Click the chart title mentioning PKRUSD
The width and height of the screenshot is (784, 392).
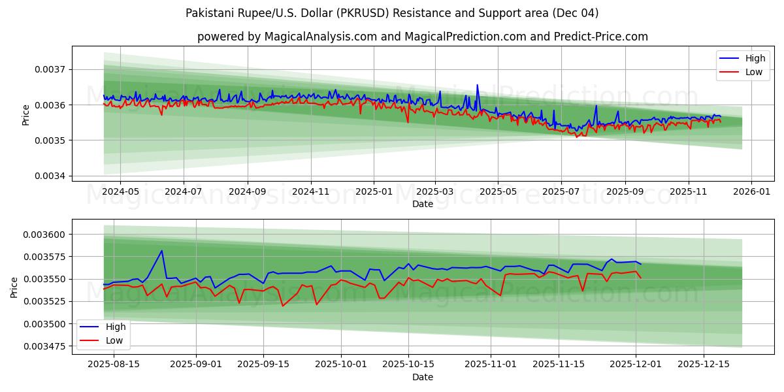pos(392,13)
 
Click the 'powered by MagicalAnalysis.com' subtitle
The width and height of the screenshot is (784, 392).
pos(423,37)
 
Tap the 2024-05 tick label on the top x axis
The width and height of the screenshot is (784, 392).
pos(120,192)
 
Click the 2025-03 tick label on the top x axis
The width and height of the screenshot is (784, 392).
pos(435,192)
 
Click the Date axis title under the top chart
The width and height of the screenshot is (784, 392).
pos(423,204)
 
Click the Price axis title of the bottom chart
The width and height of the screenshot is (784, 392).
pos(14,287)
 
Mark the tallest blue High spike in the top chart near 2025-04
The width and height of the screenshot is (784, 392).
pos(477,85)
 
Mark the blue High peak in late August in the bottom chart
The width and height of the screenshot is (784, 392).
pos(161,250)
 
